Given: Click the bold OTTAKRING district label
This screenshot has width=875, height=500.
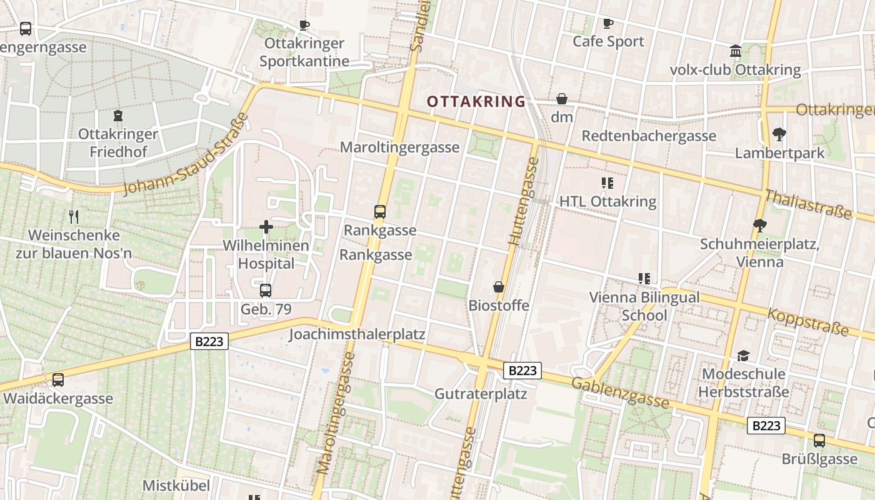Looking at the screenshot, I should pos(476,101).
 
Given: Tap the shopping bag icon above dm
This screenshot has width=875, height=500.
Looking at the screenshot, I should pos(562,99).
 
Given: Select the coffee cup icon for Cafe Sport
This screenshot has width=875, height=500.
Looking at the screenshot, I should pos(607,24).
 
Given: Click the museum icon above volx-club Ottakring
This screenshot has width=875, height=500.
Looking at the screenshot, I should pos(736,51).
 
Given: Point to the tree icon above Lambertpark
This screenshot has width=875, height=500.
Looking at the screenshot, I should pos(779,134).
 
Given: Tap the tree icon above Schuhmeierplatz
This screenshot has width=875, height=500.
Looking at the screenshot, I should pos(759,225).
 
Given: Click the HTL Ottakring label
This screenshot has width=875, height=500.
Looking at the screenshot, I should pos(607,201).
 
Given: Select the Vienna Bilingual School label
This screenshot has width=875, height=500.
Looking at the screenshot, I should pos(644,306).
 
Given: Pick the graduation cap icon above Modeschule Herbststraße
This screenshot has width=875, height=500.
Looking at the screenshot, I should pos(742,356).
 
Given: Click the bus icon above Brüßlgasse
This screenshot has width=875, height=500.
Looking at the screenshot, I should pos(819,440).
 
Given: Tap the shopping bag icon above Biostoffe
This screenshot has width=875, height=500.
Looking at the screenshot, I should pos(499,287).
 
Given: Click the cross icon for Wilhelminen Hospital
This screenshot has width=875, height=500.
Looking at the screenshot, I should pos(266,227).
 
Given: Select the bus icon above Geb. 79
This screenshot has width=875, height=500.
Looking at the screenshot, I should pos(266,290).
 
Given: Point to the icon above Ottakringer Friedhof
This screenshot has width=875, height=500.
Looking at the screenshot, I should pos(117,116).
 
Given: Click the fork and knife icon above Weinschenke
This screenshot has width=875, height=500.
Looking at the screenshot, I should pos(74,217).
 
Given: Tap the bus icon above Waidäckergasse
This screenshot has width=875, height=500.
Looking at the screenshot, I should pos(58,379).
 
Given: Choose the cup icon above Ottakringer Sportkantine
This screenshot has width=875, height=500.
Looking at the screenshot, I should pos(304,25).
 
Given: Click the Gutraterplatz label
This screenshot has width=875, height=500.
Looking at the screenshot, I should pos(481,394).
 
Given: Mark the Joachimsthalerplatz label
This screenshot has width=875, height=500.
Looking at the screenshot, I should pos(357,334).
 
